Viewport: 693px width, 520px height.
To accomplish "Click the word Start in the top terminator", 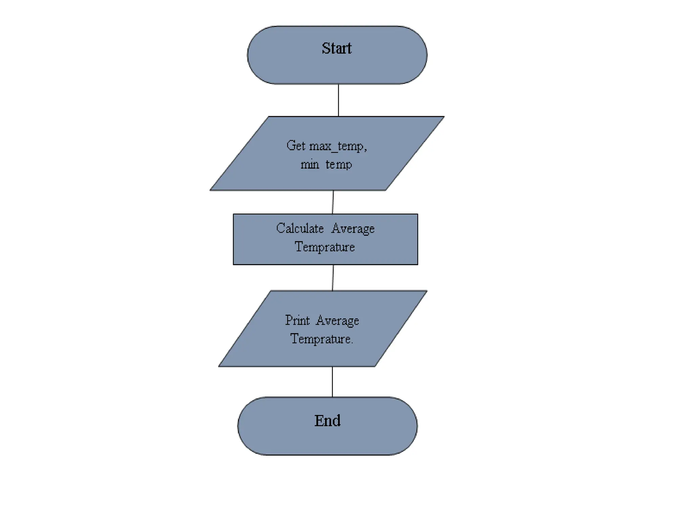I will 336,48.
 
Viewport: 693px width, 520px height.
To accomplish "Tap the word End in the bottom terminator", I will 327,421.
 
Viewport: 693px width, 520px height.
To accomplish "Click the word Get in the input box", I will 296,146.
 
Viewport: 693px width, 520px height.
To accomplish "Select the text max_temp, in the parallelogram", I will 338,146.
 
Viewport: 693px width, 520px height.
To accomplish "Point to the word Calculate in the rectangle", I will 300,229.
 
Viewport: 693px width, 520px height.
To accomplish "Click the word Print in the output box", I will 297,320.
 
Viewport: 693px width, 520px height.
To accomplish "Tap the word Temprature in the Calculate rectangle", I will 325,247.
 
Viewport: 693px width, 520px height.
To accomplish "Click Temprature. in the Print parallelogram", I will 322,339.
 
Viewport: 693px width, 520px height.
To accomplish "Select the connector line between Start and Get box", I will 338,100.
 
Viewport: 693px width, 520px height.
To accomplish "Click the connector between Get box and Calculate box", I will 333,202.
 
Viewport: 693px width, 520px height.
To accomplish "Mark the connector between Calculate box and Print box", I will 333,278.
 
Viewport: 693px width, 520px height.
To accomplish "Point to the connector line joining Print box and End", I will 332,382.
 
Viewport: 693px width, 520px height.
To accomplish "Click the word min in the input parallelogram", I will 310,165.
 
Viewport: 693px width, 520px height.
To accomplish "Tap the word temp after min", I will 339,165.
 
